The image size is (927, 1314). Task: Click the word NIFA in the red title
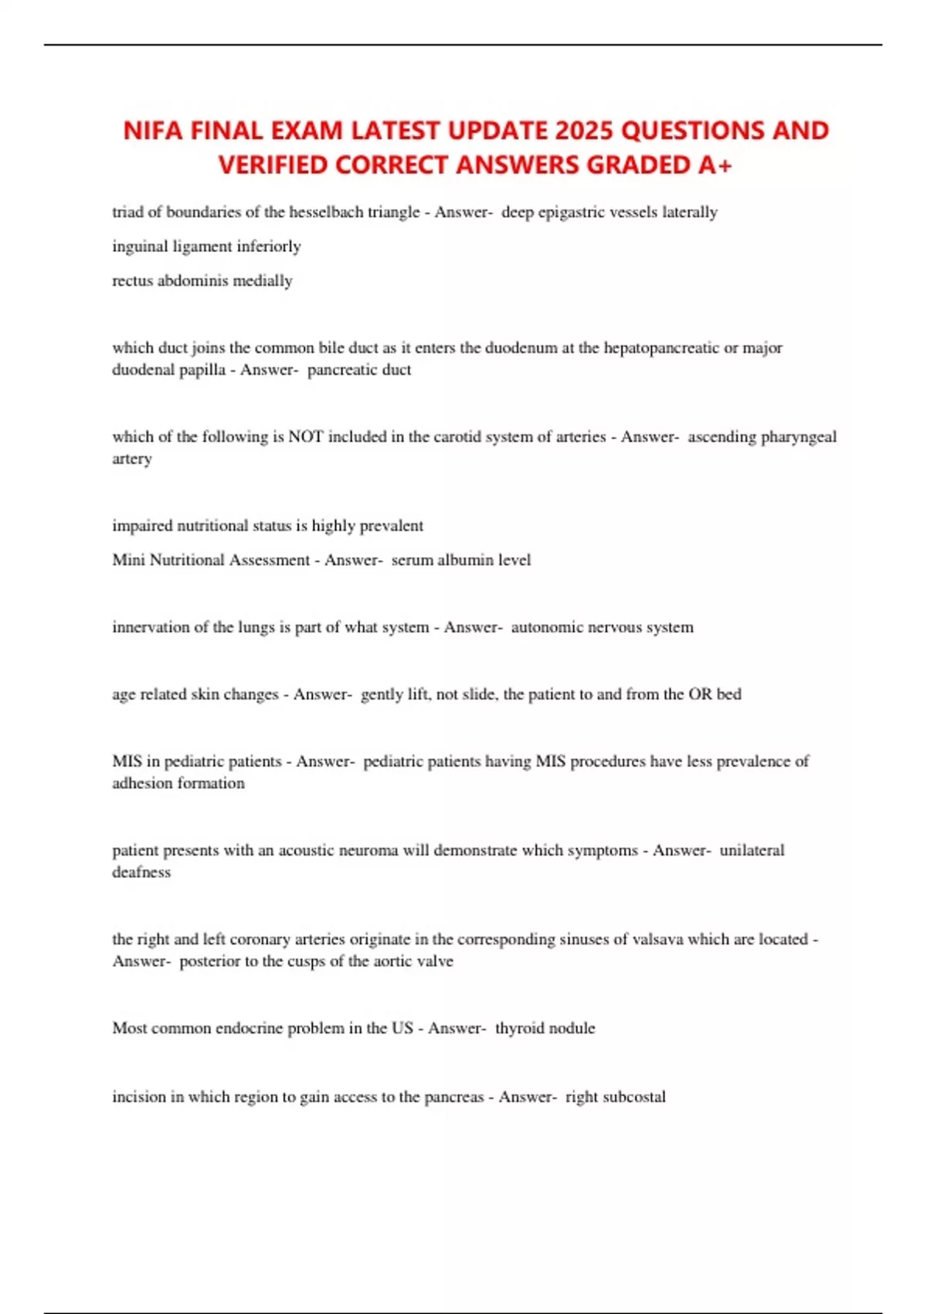(153, 130)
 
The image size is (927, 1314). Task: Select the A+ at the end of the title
(714, 165)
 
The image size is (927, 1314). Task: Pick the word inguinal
(140, 247)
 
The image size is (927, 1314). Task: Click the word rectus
(132, 281)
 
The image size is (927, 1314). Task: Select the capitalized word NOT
(305, 437)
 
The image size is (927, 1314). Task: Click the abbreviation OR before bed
(700, 694)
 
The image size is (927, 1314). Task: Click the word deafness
(141, 872)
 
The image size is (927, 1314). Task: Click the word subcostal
(634, 1097)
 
